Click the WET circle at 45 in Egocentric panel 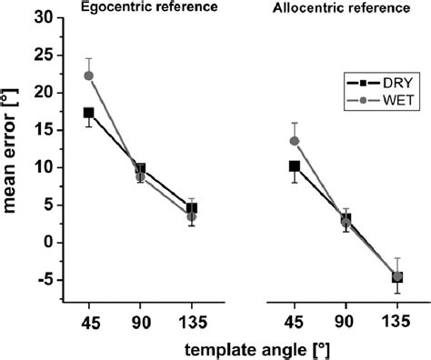(88, 75)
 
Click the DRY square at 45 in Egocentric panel (88, 113)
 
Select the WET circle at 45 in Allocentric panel (294, 141)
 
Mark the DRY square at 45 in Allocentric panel (294, 166)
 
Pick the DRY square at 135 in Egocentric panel (191, 208)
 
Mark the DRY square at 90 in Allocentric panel (345, 218)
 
